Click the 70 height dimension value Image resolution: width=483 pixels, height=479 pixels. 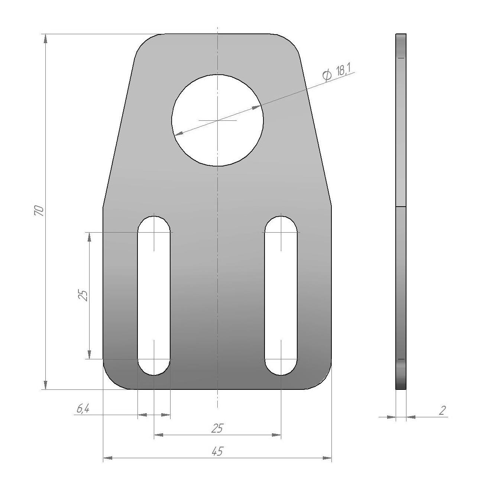pos(39,211)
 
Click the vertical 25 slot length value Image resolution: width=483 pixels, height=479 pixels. pos(83,295)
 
